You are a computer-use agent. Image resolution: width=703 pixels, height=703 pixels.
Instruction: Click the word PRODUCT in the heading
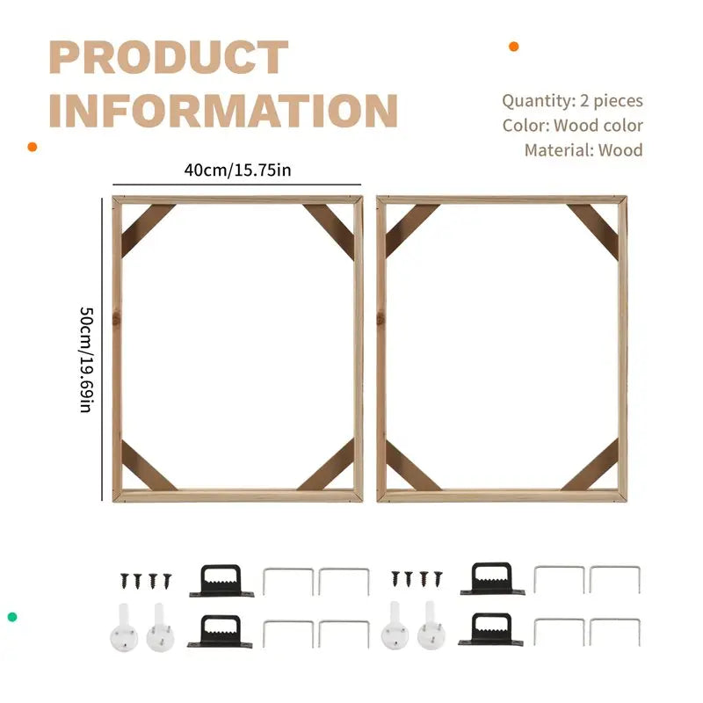[169, 57]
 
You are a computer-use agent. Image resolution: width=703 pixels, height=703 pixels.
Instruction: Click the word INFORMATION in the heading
[223, 111]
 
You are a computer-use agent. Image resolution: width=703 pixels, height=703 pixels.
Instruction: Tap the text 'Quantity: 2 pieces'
[573, 101]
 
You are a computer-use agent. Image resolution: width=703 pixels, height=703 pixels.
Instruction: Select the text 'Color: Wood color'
[573, 126]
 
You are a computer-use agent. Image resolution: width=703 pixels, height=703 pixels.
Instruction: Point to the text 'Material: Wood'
[583, 149]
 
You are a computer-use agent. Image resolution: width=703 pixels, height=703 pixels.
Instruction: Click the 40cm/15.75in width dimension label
[237, 170]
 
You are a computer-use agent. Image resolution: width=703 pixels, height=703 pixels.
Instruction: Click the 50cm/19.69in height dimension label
[86, 359]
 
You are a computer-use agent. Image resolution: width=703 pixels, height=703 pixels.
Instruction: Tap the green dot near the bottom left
[12, 617]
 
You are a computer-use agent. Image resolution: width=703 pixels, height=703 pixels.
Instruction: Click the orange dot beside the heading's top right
[514, 47]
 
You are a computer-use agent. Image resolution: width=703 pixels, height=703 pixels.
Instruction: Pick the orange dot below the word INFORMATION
[33, 147]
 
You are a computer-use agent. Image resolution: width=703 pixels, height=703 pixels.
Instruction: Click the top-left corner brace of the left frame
[148, 230]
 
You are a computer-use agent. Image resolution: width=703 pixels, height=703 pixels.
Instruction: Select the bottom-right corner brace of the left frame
[326, 466]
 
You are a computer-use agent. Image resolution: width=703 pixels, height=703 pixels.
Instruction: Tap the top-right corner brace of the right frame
[592, 231]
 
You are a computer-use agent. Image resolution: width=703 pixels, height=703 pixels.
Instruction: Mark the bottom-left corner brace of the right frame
[412, 466]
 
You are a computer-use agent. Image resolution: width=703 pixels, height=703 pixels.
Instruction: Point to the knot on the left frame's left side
[116, 319]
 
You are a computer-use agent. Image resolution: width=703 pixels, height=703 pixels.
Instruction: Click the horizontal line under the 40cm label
[236, 185]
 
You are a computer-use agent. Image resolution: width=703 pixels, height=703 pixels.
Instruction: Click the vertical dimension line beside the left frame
[102, 349]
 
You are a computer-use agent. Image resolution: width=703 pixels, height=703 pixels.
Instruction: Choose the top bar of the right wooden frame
[502, 200]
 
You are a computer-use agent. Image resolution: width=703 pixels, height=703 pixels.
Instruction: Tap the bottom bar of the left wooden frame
[237, 496]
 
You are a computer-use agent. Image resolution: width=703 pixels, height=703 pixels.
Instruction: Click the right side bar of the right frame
[622, 349]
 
